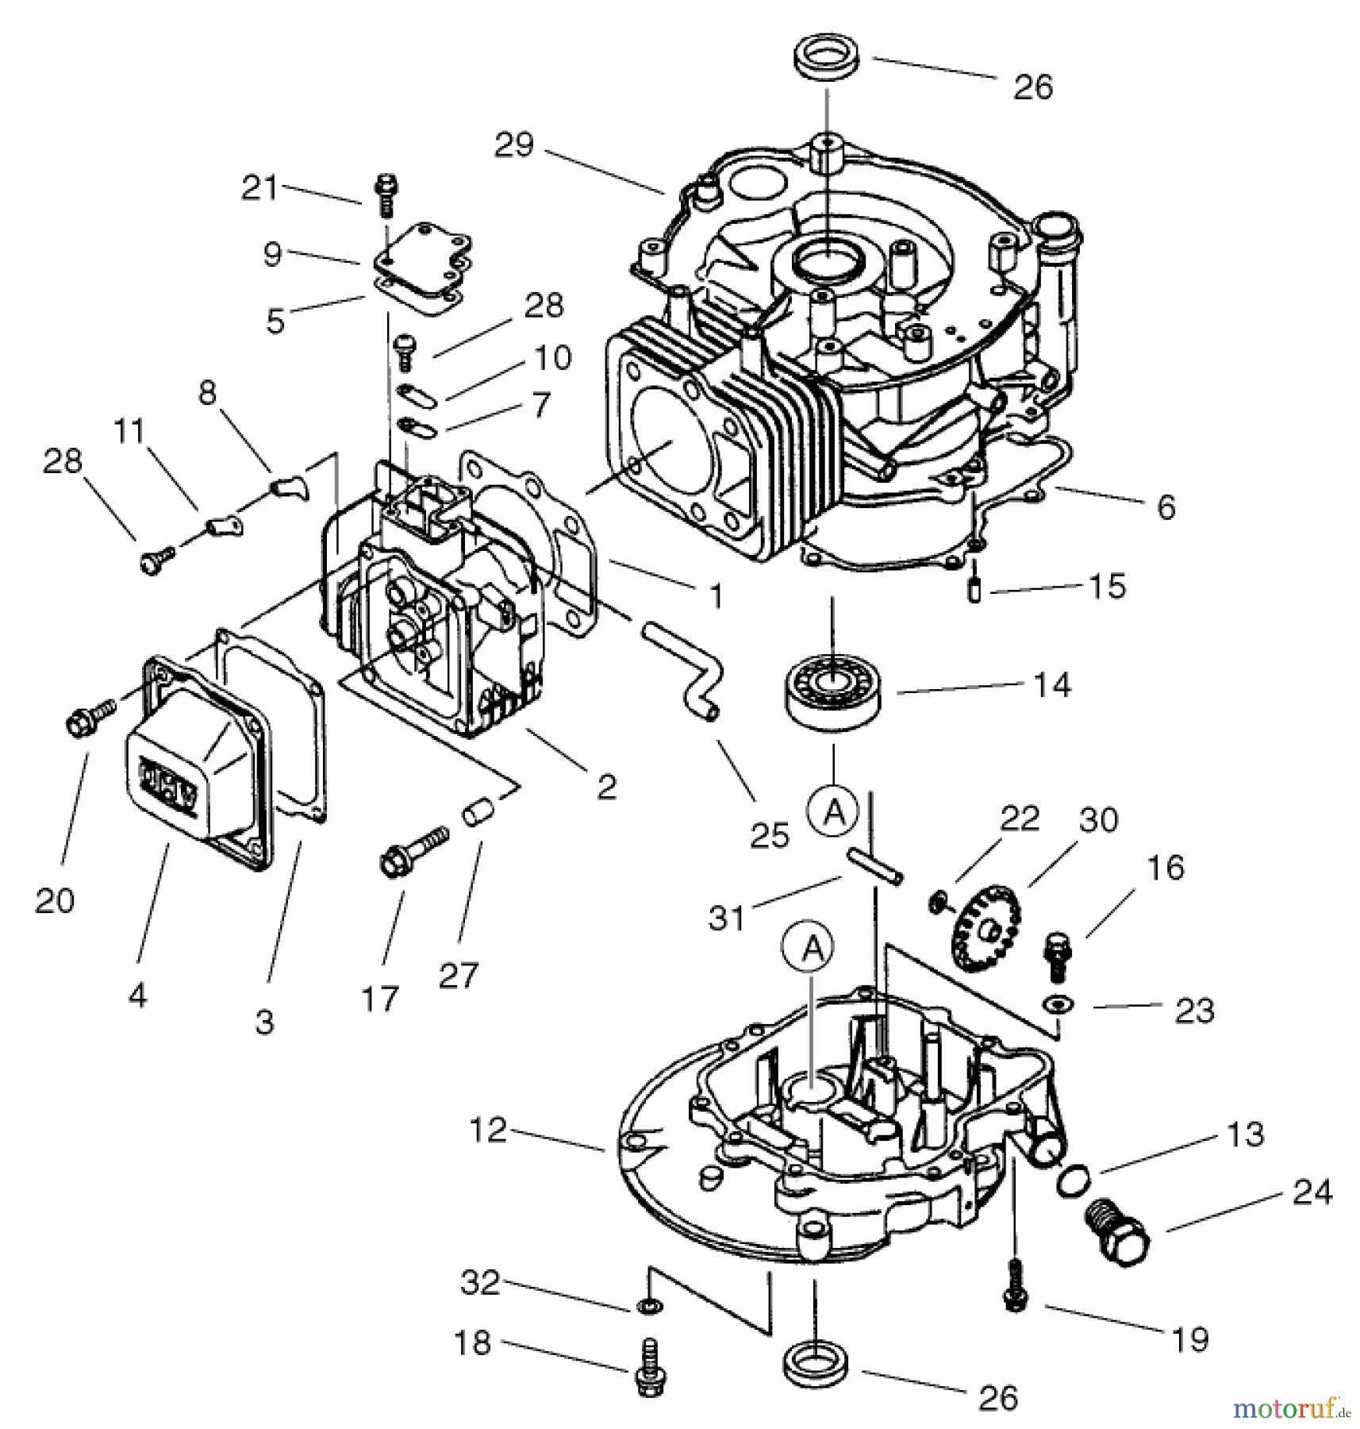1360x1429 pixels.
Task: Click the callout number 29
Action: click(x=514, y=145)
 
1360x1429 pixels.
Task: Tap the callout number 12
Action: click(x=487, y=1130)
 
